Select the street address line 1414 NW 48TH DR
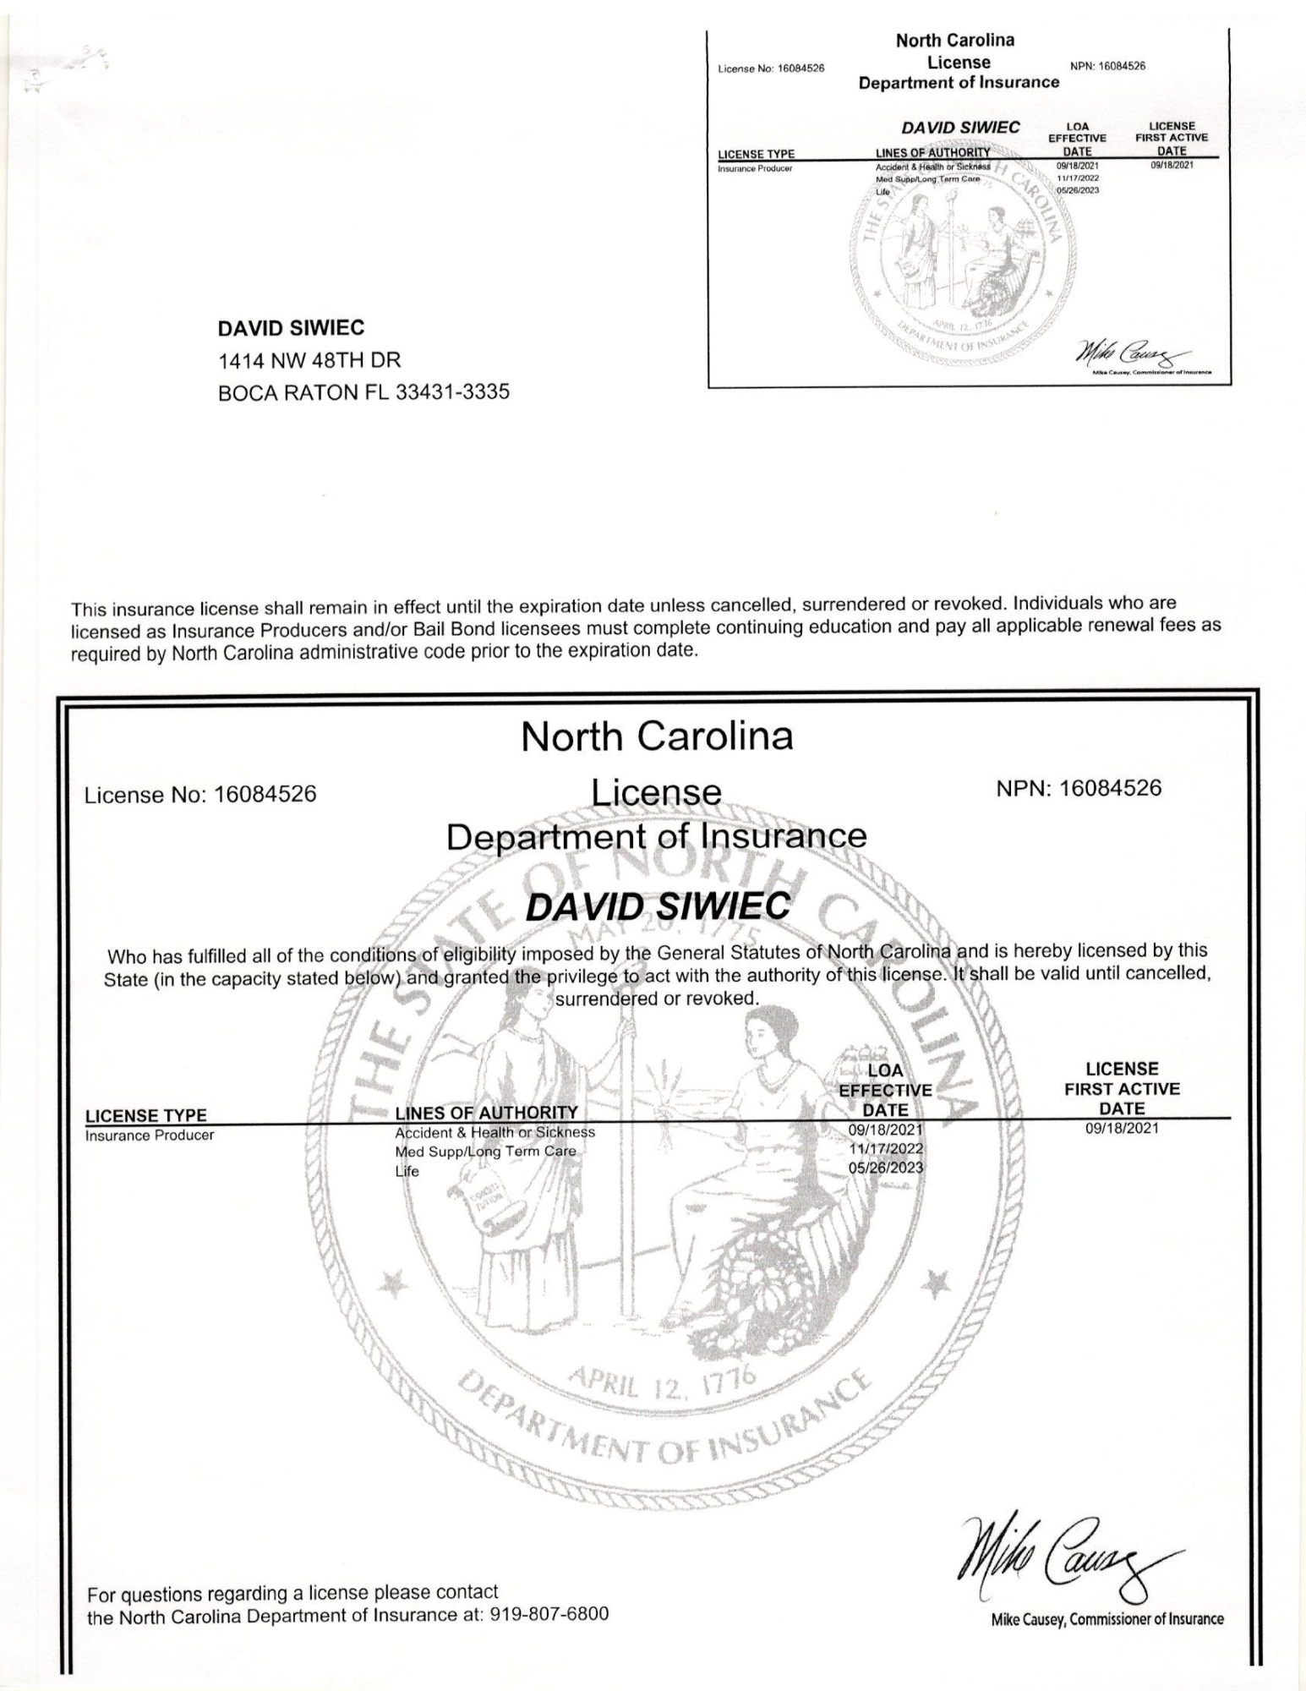(x=309, y=361)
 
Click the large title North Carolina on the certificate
(x=657, y=736)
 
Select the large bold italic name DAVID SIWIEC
(x=657, y=907)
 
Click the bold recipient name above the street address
(x=291, y=328)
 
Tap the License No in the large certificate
(x=201, y=794)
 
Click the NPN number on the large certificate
(x=1079, y=789)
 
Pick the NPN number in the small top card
(x=1107, y=67)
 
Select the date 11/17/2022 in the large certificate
(x=886, y=1148)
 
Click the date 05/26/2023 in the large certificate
(x=886, y=1168)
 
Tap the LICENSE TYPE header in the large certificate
(x=146, y=1115)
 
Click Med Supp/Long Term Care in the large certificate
(x=485, y=1152)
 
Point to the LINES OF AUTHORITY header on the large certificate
(x=486, y=1112)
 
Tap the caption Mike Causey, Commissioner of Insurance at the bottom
(x=1107, y=1619)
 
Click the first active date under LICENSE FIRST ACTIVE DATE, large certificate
(x=1122, y=1129)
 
